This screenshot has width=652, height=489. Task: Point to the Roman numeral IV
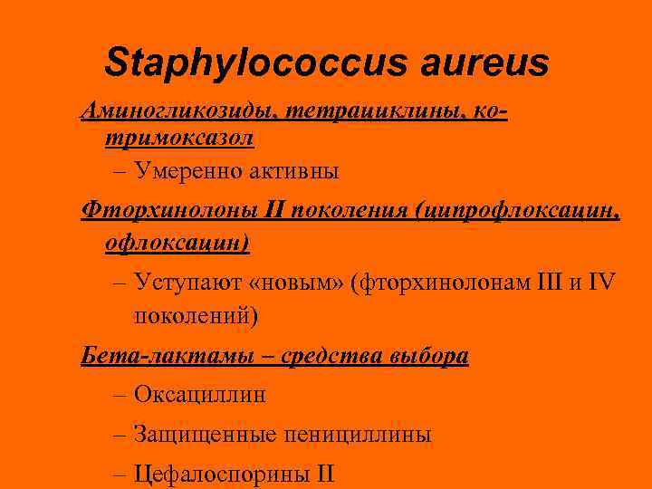click(x=602, y=283)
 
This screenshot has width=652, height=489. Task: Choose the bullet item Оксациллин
click(x=200, y=395)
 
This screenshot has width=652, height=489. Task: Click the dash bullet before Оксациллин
click(x=121, y=396)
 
